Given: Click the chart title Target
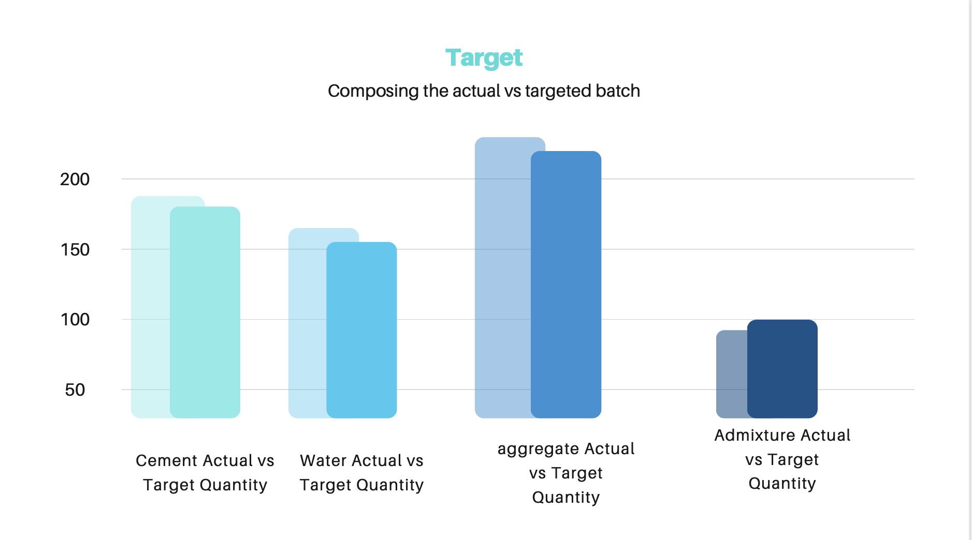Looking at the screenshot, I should [x=484, y=58].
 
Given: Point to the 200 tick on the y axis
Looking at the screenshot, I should [x=75, y=179].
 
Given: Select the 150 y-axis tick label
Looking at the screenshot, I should [x=75, y=250].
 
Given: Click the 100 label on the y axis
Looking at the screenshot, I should [x=75, y=320].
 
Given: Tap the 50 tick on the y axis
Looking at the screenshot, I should [x=75, y=390].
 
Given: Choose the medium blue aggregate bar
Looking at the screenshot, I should [x=566, y=284].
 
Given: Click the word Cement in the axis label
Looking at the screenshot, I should [x=166, y=461].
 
